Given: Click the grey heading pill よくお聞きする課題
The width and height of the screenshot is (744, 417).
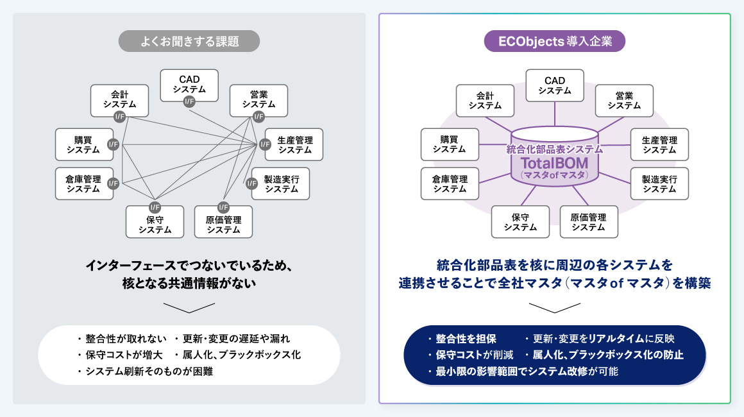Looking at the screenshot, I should coord(189,42).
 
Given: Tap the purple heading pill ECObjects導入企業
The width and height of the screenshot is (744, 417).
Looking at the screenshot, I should coord(555,42).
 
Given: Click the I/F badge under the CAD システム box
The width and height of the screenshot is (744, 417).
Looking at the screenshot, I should coord(189,101).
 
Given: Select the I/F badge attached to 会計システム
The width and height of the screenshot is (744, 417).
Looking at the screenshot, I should coord(119,116).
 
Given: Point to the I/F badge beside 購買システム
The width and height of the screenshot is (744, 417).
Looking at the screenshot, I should coord(114,144).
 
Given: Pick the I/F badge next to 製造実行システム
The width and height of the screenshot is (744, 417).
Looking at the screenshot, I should coord(252,183).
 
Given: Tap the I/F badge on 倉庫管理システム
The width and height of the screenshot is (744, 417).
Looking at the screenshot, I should coord(114,183).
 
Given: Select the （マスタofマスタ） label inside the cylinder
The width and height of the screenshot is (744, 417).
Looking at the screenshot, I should coord(554,174).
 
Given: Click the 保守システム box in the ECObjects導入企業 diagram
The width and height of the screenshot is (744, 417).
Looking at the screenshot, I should coord(520,221).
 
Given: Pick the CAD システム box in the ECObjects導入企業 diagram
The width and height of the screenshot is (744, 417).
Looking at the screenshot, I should coord(555,85).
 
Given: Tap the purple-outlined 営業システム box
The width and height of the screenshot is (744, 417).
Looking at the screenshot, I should coord(624,101).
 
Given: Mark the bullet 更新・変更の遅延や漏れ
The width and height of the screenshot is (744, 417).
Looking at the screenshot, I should coord(236,339).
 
